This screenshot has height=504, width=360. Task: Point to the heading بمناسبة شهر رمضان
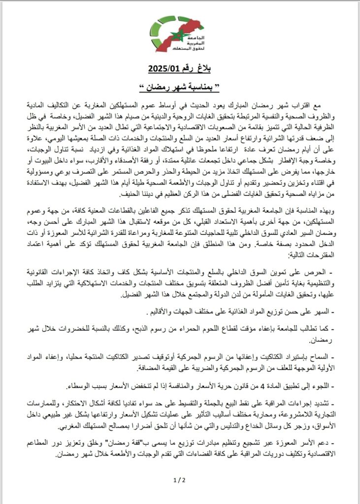(x=180, y=87)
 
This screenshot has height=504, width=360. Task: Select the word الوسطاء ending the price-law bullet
(x=94, y=385)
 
